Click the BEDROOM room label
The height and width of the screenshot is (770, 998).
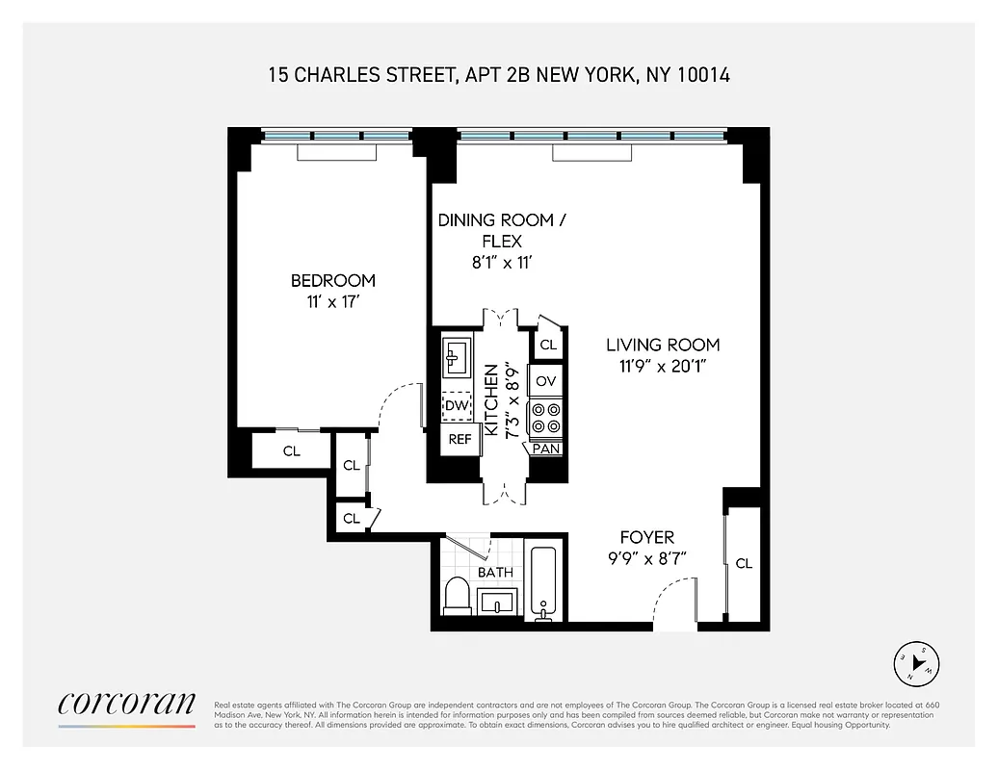(332, 280)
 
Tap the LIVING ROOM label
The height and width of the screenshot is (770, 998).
(662, 345)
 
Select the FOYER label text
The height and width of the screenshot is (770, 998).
(646, 537)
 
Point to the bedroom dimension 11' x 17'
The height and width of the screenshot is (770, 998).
(332, 301)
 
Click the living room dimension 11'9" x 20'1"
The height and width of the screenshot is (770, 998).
(662, 366)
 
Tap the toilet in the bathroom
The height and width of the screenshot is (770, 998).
(457, 596)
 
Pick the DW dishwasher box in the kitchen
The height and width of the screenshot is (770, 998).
(456, 407)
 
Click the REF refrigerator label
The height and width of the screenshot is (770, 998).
(460, 439)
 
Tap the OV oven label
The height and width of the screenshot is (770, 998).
(546, 381)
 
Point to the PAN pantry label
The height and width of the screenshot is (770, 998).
(546, 449)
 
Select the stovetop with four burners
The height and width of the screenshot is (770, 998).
(546, 417)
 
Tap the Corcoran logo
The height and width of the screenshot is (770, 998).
(126, 705)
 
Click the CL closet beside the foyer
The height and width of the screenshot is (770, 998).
(743, 563)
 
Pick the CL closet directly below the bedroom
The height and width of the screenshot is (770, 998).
(291, 450)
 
